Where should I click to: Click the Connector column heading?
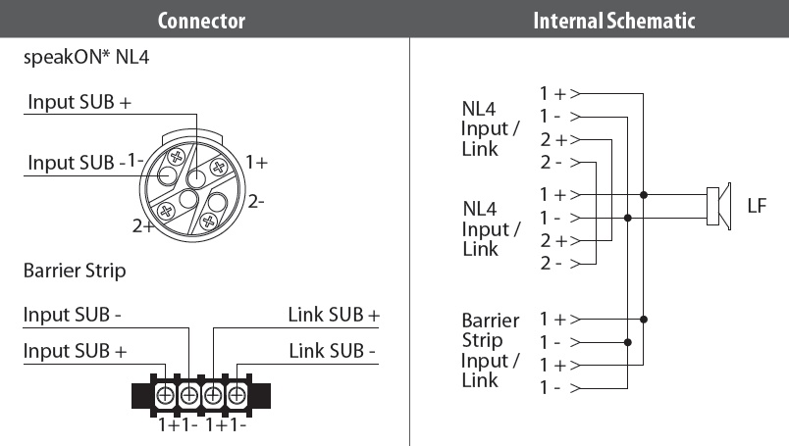coord(201,21)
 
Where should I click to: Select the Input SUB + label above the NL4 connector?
coord(79,102)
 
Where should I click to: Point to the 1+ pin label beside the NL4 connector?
coord(256,162)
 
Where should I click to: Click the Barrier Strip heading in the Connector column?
coord(75,270)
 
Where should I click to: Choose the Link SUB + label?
coord(334,315)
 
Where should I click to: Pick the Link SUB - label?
coord(335,350)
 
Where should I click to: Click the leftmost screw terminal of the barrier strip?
coord(166,395)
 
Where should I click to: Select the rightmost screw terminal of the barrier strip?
coord(237,395)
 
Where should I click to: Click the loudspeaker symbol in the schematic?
coord(718,206)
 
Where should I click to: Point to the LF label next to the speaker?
coord(757,206)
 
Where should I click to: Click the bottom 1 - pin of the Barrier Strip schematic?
coord(552,387)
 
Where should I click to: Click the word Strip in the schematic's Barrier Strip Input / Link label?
coord(482,340)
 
